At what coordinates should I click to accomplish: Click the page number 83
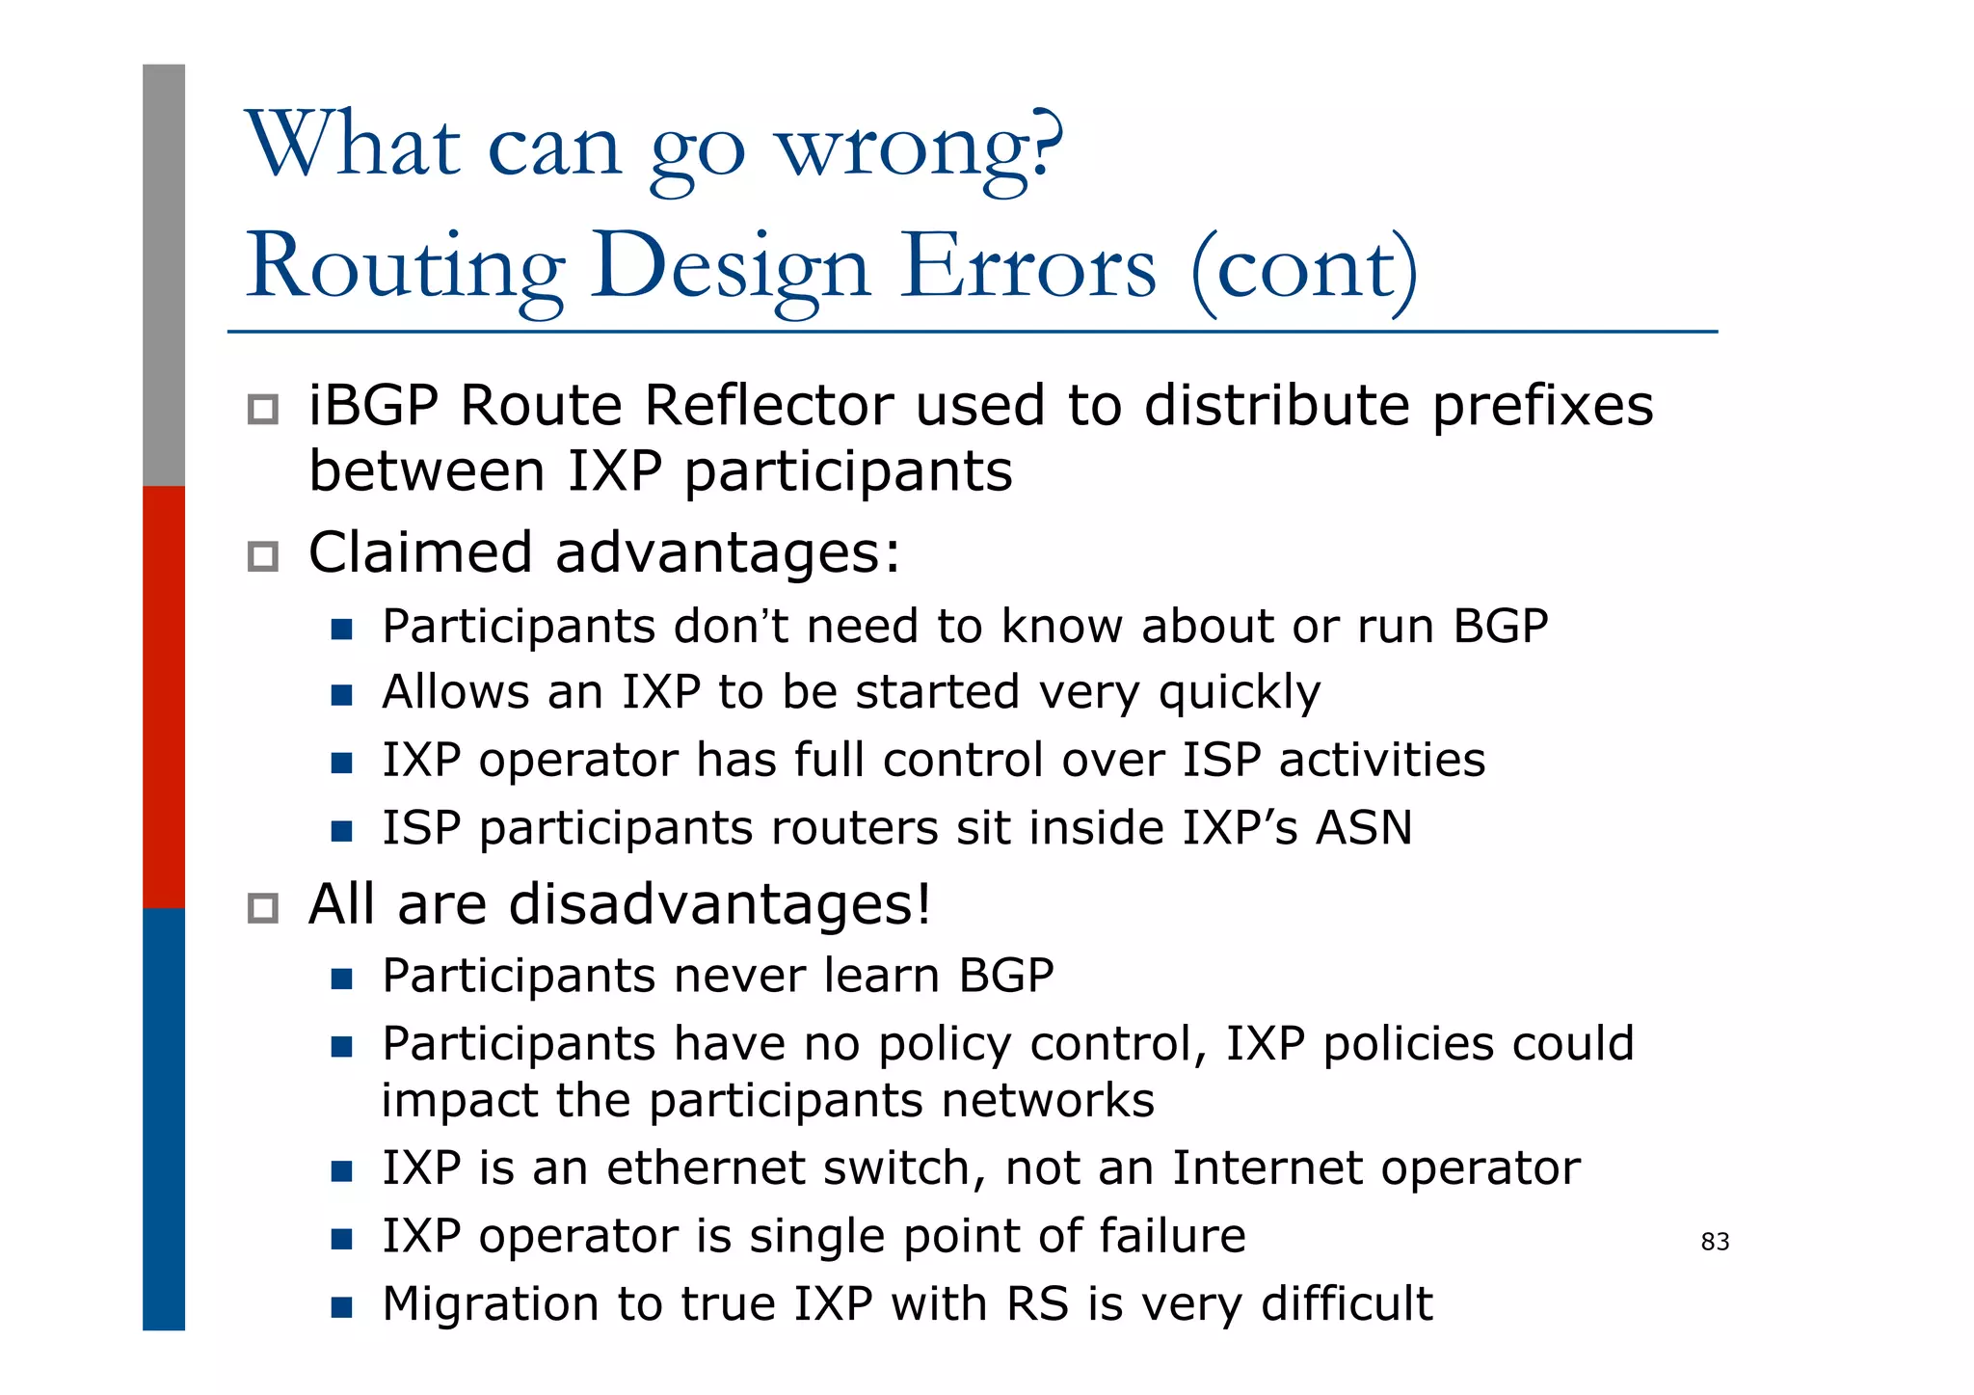[1715, 1242]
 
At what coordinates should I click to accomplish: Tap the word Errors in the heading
[1028, 267]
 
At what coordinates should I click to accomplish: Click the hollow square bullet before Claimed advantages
[263, 556]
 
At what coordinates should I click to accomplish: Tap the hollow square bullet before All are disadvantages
[263, 908]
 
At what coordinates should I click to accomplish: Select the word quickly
[1239, 693]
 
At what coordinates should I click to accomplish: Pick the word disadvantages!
[720, 905]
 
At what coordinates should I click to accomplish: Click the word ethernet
[711, 1168]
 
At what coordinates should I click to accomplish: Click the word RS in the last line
[1037, 1304]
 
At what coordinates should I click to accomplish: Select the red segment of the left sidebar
[164, 696]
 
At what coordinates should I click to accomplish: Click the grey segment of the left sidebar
[164, 275]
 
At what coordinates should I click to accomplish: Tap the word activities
[1382, 761]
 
